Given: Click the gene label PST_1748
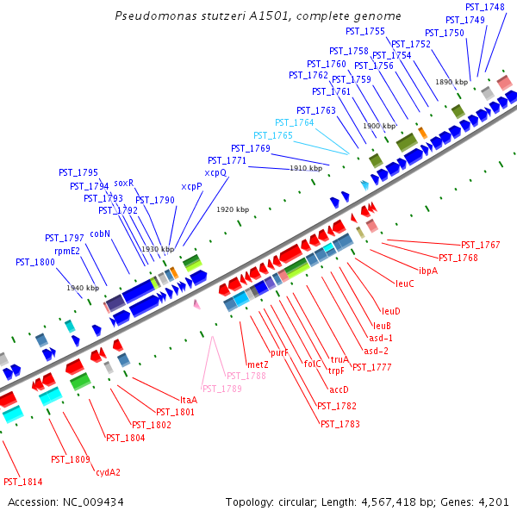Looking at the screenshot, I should click(485, 7).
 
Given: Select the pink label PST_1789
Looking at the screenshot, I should click(222, 389).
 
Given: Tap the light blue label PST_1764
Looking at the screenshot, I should click(295, 122).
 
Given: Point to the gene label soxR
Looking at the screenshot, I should click(124, 183).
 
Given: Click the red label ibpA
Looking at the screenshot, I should click(428, 271).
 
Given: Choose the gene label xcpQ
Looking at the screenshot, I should click(215, 172).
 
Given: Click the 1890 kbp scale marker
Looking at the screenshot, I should click(451, 82).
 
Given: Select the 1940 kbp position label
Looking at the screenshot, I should click(83, 288).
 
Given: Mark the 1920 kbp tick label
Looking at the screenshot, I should click(233, 209).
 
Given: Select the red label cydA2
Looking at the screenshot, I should click(108, 471).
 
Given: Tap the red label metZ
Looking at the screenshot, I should click(258, 365).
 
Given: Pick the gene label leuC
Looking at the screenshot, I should click(405, 283).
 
